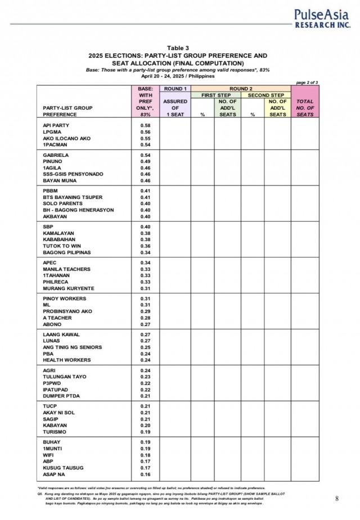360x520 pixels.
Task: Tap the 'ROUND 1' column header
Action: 174,89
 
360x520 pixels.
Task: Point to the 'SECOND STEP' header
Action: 265,95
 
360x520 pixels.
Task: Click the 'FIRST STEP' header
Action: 216,95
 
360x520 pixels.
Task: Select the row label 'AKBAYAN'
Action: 56,216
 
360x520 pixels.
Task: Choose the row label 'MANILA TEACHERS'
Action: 66,269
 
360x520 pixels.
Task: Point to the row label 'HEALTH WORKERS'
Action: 66,360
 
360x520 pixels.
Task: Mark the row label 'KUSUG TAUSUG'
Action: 63,468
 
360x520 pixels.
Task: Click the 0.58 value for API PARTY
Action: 145,125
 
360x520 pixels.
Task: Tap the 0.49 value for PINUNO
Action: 145,161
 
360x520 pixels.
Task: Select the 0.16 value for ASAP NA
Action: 145,474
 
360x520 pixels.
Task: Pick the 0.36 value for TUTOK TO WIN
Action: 145,246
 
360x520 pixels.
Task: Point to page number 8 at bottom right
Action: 336,498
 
